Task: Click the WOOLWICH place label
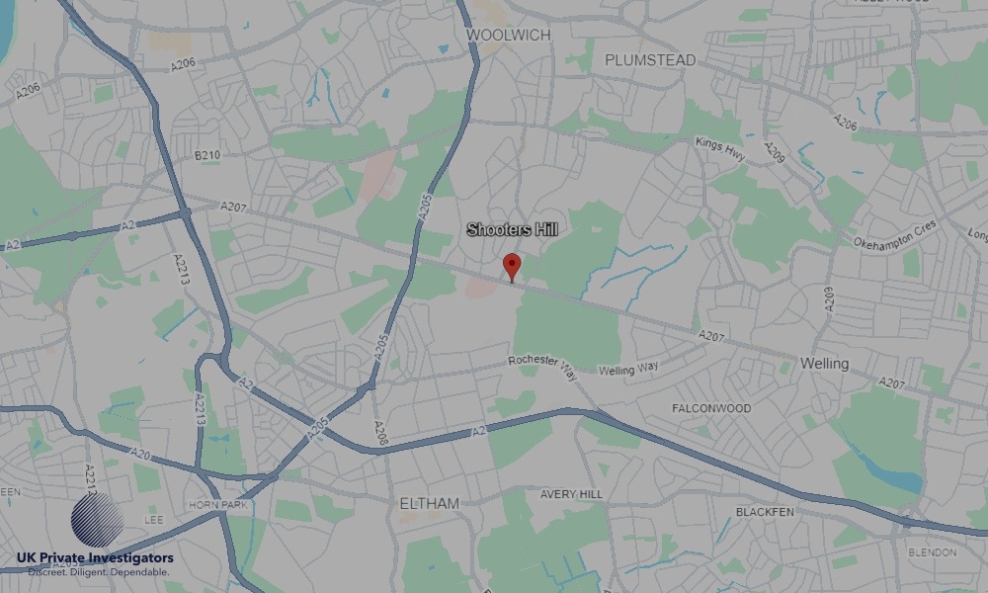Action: [x=508, y=36]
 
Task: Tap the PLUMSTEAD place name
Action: [x=650, y=60]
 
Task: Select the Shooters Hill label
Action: [x=512, y=230]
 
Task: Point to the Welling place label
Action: [x=824, y=364]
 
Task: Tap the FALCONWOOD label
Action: [x=711, y=408]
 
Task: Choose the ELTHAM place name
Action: [x=429, y=503]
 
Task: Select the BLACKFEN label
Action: [x=765, y=512]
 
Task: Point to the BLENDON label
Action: [x=932, y=551]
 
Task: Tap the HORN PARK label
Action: [x=214, y=504]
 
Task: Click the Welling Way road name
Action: [x=627, y=370]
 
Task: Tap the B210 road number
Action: [x=207, y=155]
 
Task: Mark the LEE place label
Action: [x=153, y=518]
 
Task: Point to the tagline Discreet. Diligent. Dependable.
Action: [x=99, y=572]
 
